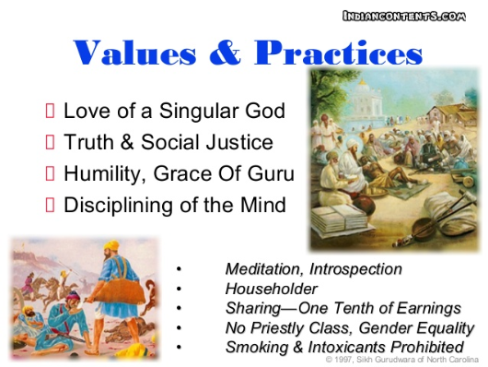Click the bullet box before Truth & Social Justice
click(51, 143)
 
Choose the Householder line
click(269, 289)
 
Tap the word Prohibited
click(424, 347)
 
